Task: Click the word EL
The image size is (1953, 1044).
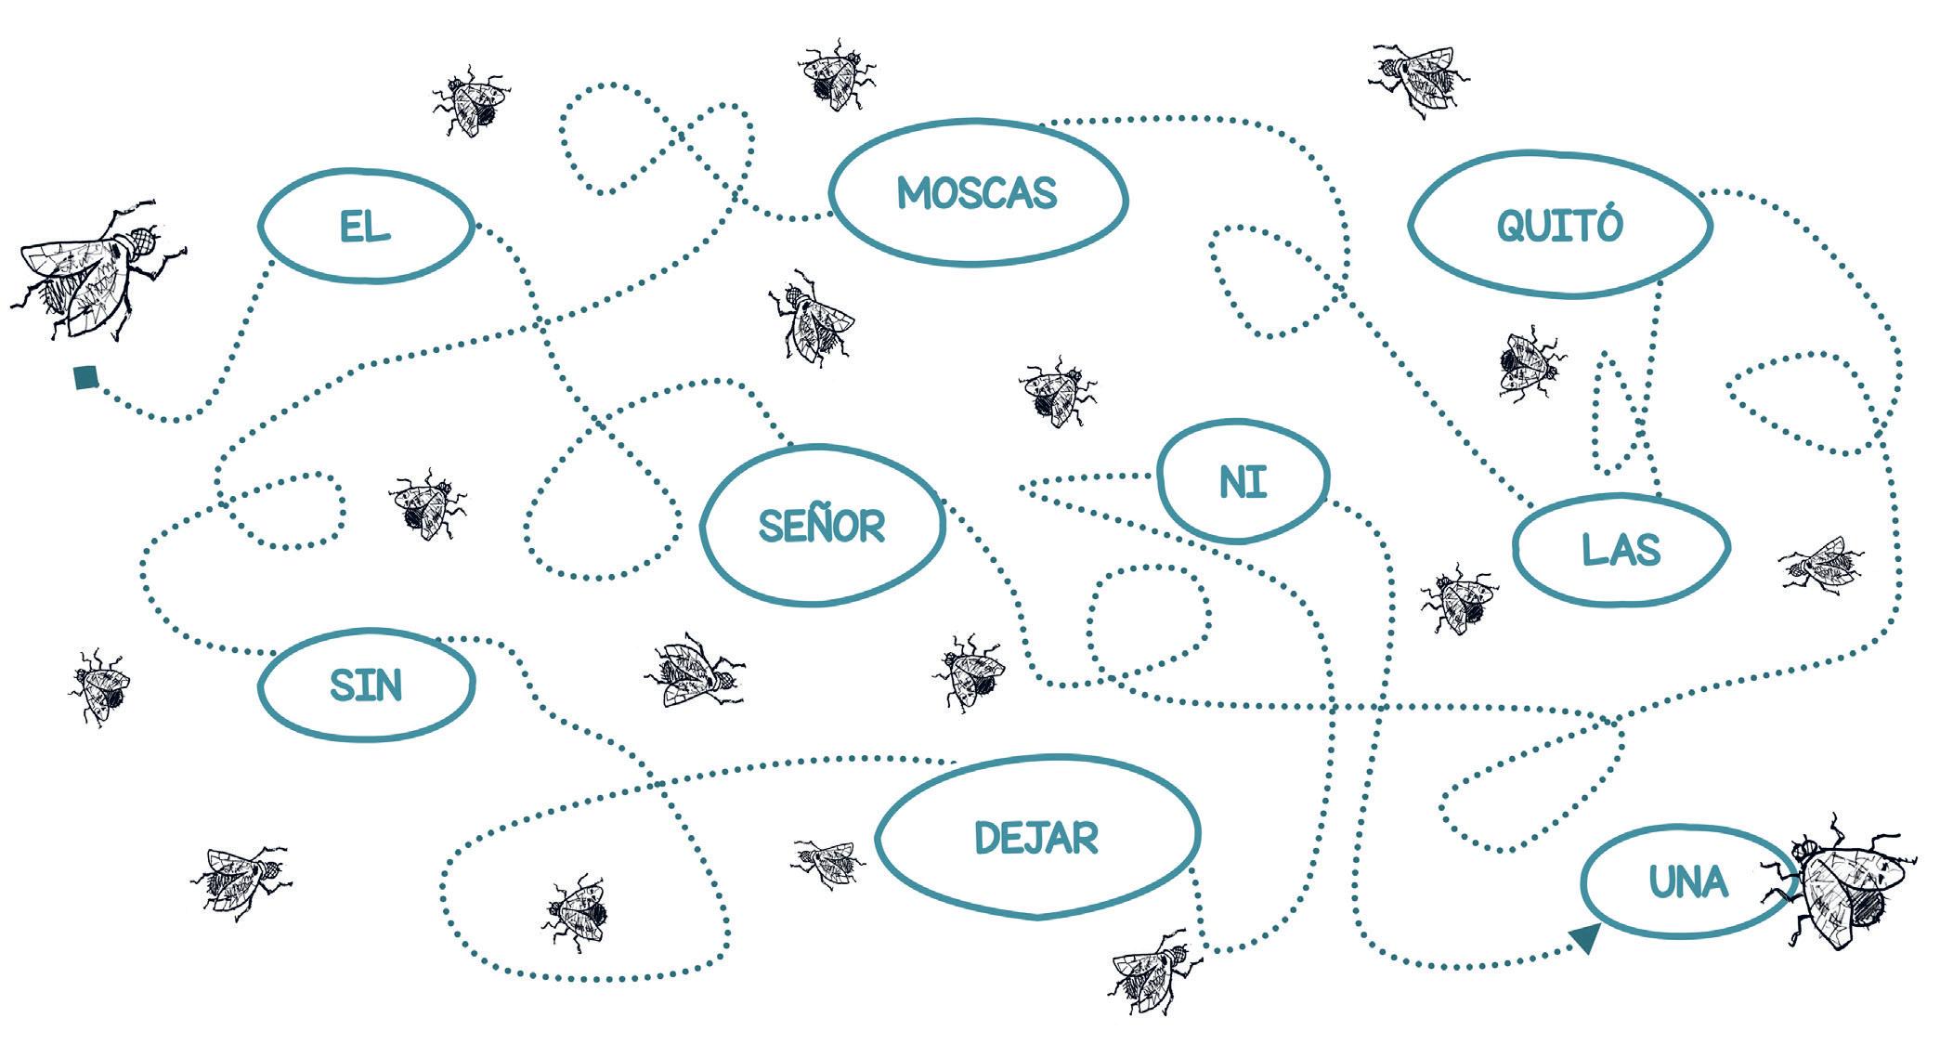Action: tap(365, 226)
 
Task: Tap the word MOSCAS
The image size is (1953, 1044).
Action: tap(977, 193)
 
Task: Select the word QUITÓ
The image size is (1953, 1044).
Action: tap(1559, 225)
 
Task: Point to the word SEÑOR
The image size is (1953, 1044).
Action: tap(822, 526)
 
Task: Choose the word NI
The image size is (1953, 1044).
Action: tap(1243, 482)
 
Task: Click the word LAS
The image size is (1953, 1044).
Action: tap(1621, 550)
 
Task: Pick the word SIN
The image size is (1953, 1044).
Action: tap(366, 685)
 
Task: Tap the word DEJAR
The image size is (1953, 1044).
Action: tap(1036, 838)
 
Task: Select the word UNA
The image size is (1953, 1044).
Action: tap(1688, 881)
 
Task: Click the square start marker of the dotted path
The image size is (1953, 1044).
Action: tap(85, 377)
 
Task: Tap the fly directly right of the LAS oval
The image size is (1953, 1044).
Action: tap(1820, 563)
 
